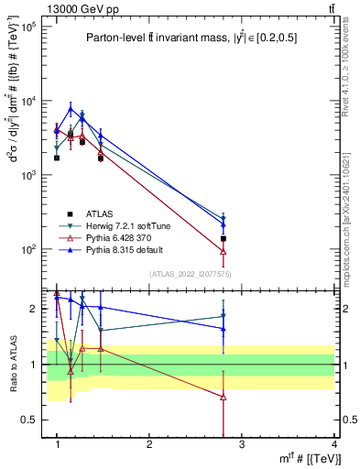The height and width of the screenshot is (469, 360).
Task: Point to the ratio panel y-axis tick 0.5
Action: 35,420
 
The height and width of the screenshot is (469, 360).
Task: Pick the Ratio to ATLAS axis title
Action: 14,364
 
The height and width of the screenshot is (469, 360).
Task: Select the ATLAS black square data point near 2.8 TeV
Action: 224,238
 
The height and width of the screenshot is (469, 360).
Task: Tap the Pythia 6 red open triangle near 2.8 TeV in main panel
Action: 224,252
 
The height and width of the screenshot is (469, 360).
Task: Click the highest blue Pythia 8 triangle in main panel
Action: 71,109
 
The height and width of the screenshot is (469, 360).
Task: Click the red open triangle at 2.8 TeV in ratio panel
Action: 224,397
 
